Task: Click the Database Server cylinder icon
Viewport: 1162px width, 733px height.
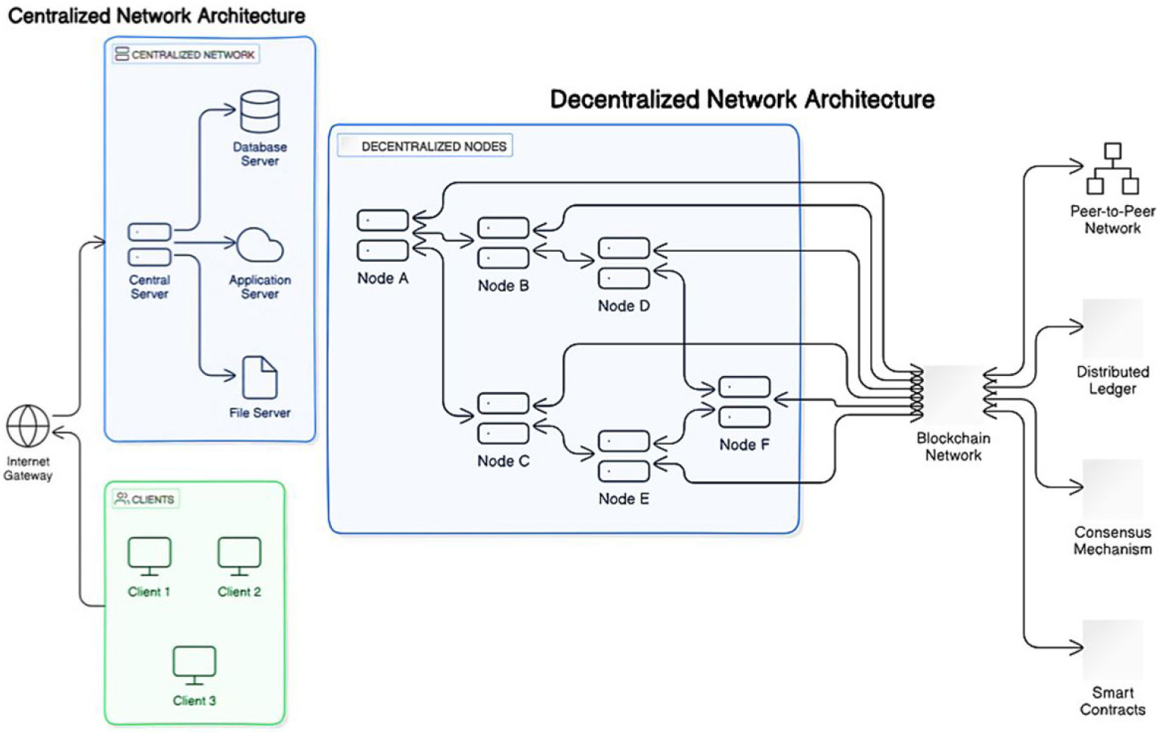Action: pos(259,112)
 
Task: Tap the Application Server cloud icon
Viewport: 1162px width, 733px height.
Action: pos(259,245)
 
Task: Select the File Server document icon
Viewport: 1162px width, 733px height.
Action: pos(259,377)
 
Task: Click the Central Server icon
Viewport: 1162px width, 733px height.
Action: pos(149,244)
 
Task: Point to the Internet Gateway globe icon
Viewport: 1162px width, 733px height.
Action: pos(28,426)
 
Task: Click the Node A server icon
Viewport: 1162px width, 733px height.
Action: pos(383,235)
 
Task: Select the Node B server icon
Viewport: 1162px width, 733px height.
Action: pos(503,243)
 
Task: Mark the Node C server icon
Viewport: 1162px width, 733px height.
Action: pos(503,418)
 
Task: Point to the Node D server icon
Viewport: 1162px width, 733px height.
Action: pos(624,263)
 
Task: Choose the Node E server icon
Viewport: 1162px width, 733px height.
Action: pos(624,456)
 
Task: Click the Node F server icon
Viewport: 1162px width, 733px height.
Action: pos(744,402)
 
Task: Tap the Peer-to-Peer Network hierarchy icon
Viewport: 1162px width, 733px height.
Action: pos(1112,169)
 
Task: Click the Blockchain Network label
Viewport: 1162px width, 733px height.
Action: pos(953,446)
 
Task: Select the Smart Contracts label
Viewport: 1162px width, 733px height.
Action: pos(1112,701)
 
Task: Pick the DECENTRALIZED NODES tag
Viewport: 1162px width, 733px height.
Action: pos(433,146)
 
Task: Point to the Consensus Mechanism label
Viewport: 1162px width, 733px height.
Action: pos(1112,541)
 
